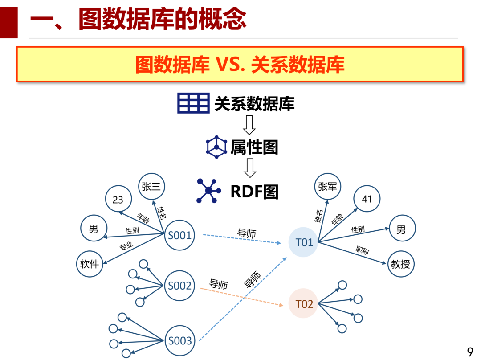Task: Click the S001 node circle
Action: tap(179, 235)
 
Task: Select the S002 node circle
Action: tap(179, 286)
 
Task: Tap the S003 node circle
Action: tap(179, 341)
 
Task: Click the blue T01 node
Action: tap(304, 242)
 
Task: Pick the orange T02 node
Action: tap(304, 304)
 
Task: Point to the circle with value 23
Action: tap(118, 200)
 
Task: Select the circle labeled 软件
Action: tap(90, 264)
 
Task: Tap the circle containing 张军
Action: tap(328, 187)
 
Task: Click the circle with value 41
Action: tap(367, 199)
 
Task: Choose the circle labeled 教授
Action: tap(401, 264)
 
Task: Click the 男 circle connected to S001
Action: tap(94, 229)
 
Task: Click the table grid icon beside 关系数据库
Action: tap(193, 103)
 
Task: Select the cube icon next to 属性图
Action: tap(216, 147)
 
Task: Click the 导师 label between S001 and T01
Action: tap(246, 233)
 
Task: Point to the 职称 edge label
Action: tap(362, 250)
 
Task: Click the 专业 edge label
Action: tap(126, 246)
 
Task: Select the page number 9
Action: tap(470, 352)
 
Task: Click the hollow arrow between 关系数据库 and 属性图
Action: tap(249, 125)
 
